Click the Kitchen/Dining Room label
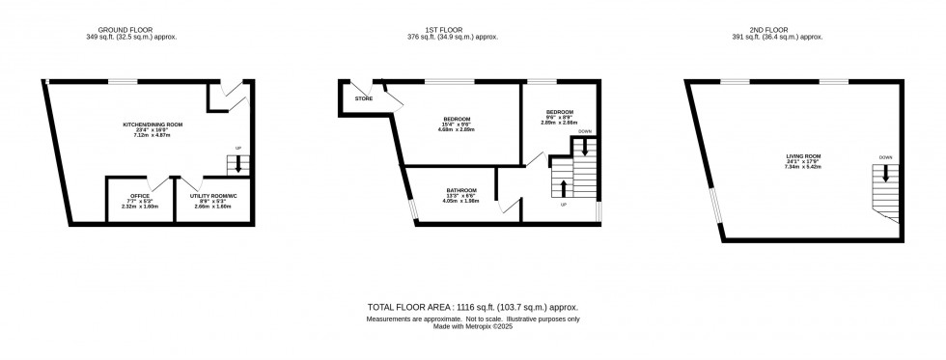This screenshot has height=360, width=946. pos(152,125)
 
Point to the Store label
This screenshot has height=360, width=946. pos(364,98)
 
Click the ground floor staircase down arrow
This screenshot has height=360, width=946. pos(238,164)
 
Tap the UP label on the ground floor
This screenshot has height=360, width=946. pos(238,148)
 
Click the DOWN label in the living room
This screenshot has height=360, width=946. pos(885,157)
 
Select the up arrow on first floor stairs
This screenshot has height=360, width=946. pos(563,186)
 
